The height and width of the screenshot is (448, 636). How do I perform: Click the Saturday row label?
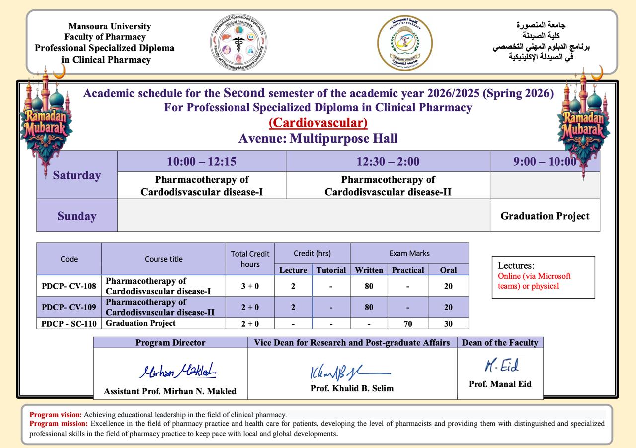pos(77,175)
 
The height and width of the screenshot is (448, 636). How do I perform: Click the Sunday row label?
pos(77,216)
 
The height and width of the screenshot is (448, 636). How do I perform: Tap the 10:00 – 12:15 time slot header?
pos(201,161)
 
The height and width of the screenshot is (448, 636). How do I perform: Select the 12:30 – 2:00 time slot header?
pos(388,161)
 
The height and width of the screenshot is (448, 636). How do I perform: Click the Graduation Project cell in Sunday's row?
pos(545,216)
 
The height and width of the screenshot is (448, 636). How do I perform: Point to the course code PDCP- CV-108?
pos(69,286)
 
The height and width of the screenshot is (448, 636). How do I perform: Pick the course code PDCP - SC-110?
pos(69,324)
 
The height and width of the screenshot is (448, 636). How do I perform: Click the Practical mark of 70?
pos(408,324)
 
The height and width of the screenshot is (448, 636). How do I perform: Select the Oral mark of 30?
pos(448,324)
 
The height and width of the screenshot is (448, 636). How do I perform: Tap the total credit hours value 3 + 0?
pos(250,286)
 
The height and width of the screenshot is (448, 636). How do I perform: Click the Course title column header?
pos(163,259)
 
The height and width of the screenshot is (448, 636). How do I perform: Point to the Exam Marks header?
pos(409,253)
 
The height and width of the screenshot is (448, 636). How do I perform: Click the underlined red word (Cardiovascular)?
pos(318,123)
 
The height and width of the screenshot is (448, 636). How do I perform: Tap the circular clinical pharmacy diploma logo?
pos(239,43)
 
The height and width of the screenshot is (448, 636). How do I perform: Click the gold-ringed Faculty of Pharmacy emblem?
pos(405,43)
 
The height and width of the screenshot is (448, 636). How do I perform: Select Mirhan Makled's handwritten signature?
pos(177,371)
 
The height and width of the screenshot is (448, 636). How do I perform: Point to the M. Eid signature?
pos(501,366)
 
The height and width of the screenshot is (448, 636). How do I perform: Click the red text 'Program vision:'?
pos(56,414)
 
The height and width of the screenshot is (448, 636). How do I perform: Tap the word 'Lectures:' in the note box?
pos(516,266)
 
